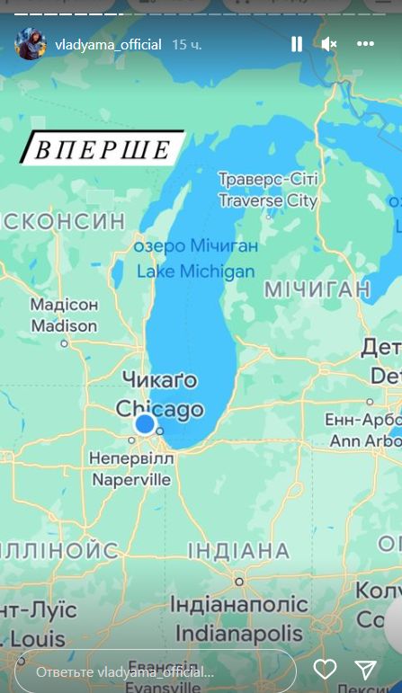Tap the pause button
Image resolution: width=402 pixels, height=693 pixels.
[x=297, y=44]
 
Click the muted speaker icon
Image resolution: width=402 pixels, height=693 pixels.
[x=329, y=44]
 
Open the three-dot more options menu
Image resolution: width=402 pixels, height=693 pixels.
[x=364, y=44]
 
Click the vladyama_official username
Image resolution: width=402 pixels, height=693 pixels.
[x=107, y=44]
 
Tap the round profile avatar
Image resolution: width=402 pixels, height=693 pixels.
[x=31, y=43]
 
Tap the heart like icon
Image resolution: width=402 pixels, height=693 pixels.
[x=325, y=669]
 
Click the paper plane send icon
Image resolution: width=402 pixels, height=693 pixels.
[x=365, y=669]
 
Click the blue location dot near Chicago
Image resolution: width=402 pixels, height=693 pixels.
[x=145, y=424]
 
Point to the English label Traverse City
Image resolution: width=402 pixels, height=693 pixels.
[x=268, y=200]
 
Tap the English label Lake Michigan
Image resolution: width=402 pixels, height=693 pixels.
[x=195, y=271]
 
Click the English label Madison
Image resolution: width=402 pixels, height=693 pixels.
[x=64, y=326]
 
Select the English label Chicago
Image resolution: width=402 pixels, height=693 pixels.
[x=159, y=409]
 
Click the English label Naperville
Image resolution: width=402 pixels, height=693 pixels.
[x=130, y=480]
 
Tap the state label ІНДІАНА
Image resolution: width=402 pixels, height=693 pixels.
[x=238, y=550]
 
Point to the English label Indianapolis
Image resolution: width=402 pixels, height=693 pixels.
[x=239, y=633]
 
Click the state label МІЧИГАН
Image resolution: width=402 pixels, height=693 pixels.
[x=317, y=289]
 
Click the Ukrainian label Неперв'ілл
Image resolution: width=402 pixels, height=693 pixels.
[x=131, y=458]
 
